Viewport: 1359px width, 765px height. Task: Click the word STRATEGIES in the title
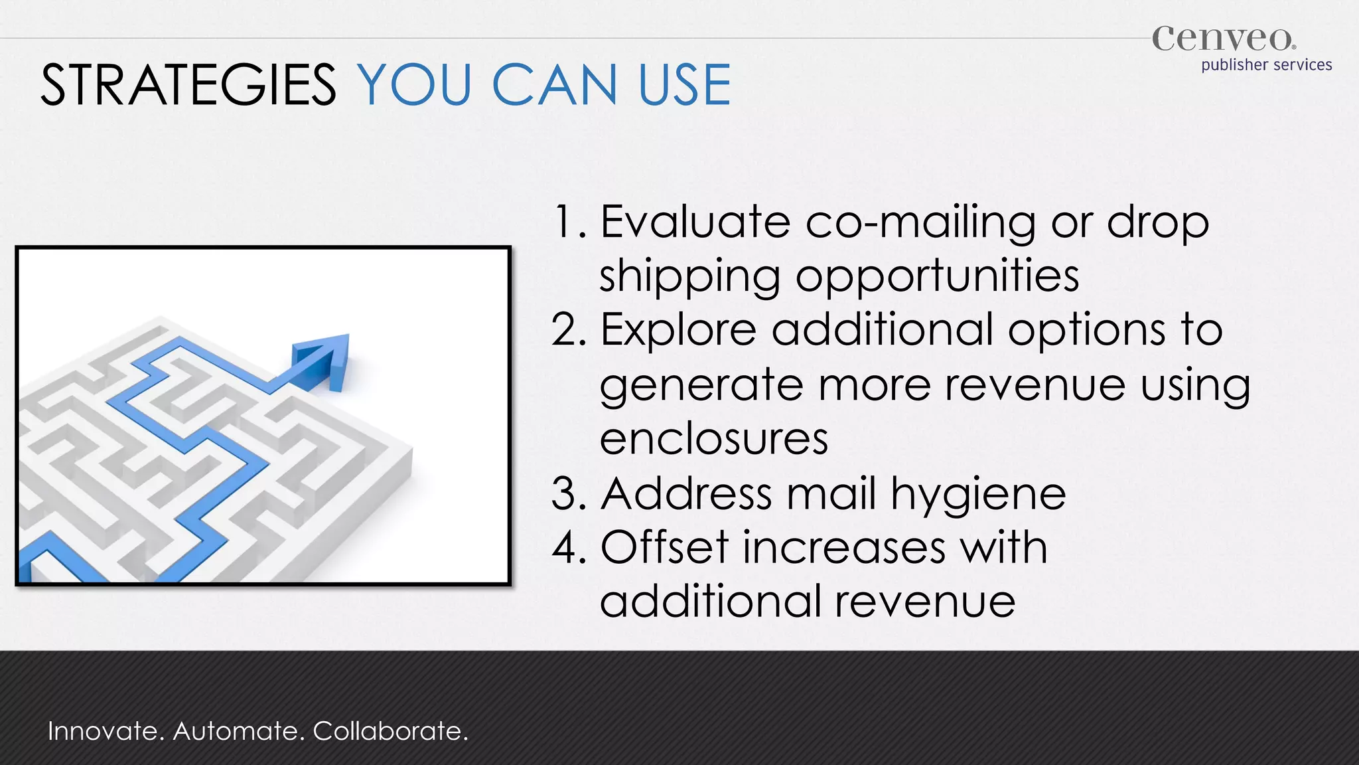pos(188,85)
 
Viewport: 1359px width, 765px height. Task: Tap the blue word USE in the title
pos(684,85)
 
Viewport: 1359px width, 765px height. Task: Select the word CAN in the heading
pos(554,85)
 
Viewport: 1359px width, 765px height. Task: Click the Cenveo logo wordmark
pos(1223,39)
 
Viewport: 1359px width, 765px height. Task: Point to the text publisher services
pos(1266,65)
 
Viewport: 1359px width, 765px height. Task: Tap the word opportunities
pos(937,276)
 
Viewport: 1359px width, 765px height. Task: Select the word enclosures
pos(714,439)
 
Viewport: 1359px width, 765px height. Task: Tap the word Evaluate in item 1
pos(695,222)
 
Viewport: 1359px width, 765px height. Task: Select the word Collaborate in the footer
pos(390,731)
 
